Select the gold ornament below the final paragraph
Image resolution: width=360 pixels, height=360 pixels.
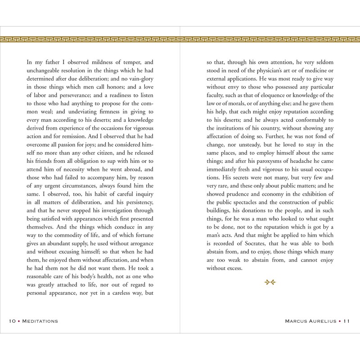point(270,282)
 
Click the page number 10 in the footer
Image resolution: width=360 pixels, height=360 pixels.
point(12,321)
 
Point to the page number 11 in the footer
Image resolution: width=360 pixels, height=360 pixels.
point(346,321)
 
